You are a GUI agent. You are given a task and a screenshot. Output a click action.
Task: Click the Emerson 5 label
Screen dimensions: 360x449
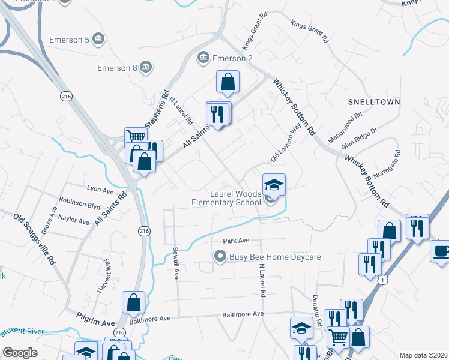click(70, 40)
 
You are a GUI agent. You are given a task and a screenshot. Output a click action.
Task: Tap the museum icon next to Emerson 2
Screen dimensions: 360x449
click(203, 58)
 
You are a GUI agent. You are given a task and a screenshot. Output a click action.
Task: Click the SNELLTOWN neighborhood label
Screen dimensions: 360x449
click(374, 103)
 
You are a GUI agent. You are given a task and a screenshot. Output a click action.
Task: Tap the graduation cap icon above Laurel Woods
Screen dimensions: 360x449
click(274, 184)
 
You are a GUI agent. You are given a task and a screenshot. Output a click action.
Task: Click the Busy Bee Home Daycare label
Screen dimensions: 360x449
click(275, 257)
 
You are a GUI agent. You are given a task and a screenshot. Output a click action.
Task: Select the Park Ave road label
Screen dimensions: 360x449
click(236, 241)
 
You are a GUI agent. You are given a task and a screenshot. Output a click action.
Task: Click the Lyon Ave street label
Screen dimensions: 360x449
click(100, 190)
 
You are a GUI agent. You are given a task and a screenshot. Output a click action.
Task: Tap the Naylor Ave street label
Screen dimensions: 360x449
click(74, 220)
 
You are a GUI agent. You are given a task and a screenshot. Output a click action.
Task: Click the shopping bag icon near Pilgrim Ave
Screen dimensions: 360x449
click(133, 302)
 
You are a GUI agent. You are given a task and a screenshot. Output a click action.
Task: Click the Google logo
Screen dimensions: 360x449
click(20, 353)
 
